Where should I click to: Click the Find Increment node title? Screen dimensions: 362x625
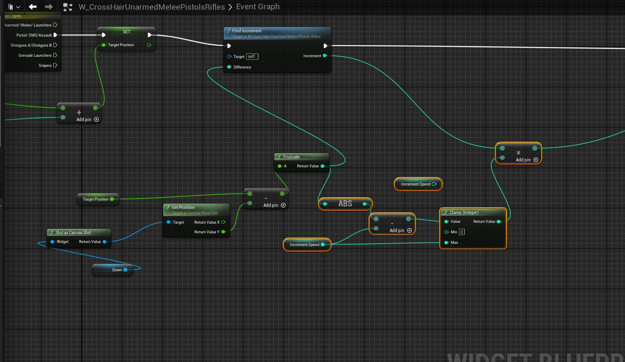point(247,31)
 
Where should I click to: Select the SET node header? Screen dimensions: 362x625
point(126,32)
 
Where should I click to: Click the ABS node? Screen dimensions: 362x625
point(345,203)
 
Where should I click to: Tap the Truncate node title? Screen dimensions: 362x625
point(291,157)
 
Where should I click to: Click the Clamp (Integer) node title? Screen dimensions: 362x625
point(464,212)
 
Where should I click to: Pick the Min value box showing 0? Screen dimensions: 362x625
point(462,232)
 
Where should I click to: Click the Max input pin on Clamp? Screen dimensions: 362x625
point(447,243)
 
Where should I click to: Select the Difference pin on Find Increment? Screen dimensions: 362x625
point(229,67)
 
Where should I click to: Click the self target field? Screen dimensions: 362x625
point(252,56)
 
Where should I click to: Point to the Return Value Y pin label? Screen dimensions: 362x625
point(207,232)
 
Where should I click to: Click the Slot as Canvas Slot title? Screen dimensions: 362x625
point(73,233)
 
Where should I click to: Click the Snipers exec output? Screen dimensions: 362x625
point(55,65)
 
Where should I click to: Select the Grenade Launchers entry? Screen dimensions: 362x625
point(35,55)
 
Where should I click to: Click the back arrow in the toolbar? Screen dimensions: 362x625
point(32,7)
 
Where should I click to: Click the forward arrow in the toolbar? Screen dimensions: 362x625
point(49,7)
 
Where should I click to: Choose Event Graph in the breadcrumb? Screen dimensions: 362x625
point(258,7)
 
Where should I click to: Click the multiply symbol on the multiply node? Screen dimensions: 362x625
point(518,153)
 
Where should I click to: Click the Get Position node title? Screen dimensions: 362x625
point(183,207)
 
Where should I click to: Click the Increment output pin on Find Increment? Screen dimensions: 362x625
point(324,55)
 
